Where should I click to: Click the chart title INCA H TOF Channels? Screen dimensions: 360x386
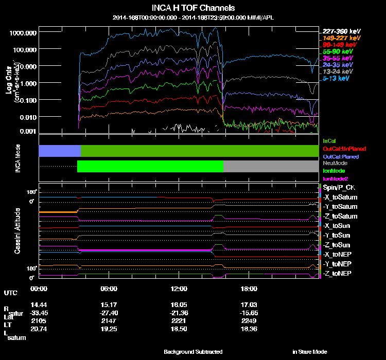pyautogui.click(x=193, y=8)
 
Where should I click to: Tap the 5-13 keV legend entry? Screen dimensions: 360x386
pyautogui.click(x=337, y=79)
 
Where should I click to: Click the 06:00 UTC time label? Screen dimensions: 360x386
pyautogui.click(x=110, y=289)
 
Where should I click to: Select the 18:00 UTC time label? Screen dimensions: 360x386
pyautogui.click(x=249, y=289)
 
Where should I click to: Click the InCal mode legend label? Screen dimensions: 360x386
pyautogui.click(x=329, y=140)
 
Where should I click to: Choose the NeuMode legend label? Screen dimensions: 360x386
pyautogui.click(x=334, y=163)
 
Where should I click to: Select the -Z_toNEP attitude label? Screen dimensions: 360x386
pyautogui.click(x=338, y=273)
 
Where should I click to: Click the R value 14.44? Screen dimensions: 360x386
pyautogui.click(x=40, y=304)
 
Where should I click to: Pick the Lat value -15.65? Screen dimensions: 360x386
pyautogui.click(x=249, y=313)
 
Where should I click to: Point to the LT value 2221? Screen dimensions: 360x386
pyautogui.click(x=180, y=320)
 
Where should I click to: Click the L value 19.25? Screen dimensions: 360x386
pyautogui.click(x=110, y=328)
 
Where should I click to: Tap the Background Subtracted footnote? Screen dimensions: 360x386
pyautogui.click(x=193, y=352)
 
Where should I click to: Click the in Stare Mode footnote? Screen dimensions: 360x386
pyautogui.click(x=309, y=352)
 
